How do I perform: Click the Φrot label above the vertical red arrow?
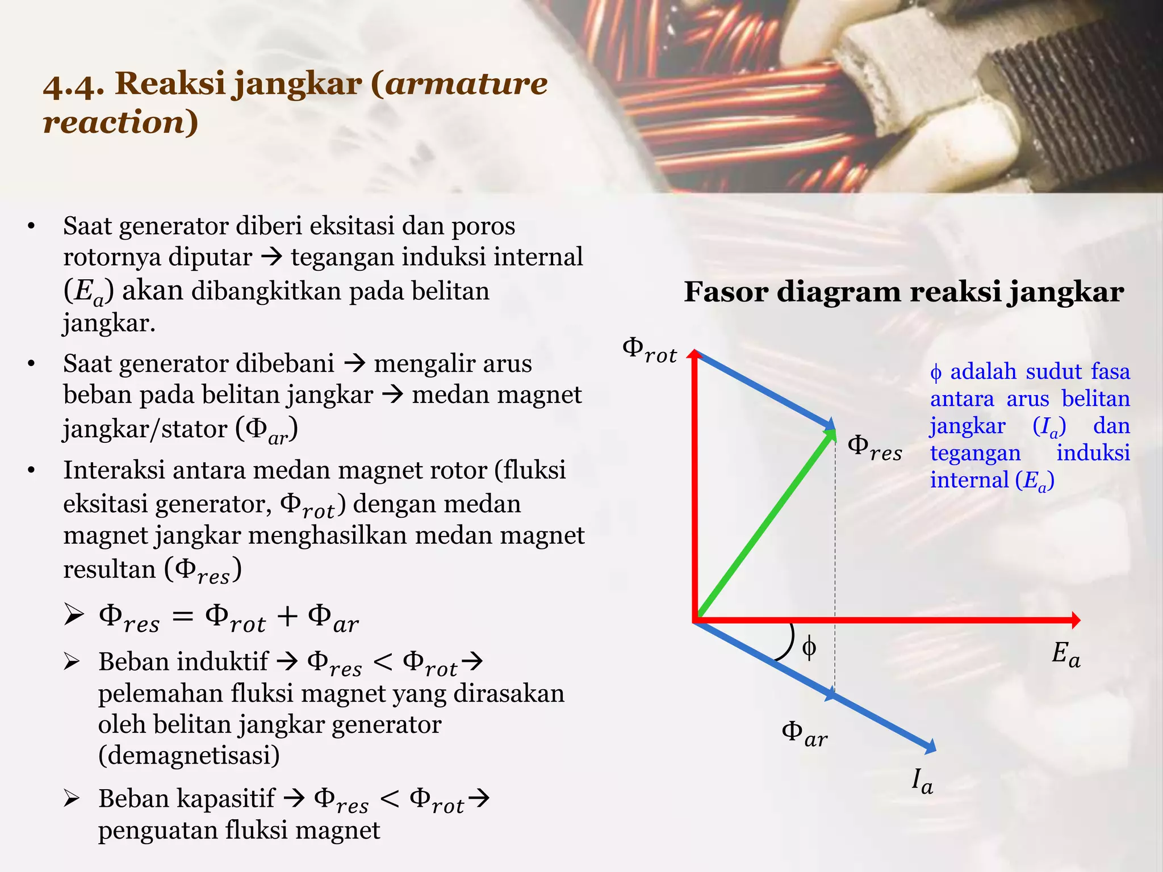click(x=650, y=350)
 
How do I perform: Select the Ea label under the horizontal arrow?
click(x=1065, y=654)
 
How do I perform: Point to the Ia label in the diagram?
click(x=922, y=782)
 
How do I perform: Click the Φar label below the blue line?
click(x=804, y=734)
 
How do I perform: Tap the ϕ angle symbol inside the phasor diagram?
click(x=809, y=647)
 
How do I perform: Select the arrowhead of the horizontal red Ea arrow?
click(x=1074, y=620)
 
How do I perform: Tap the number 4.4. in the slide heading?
click(x=73, y=85)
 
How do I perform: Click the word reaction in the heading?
click(x=114, y=122)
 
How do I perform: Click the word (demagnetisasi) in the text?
click(x=189, y=756)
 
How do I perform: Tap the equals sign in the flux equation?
click(x=182, y=617)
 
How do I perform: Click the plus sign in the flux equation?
click(x=287, y=617)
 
